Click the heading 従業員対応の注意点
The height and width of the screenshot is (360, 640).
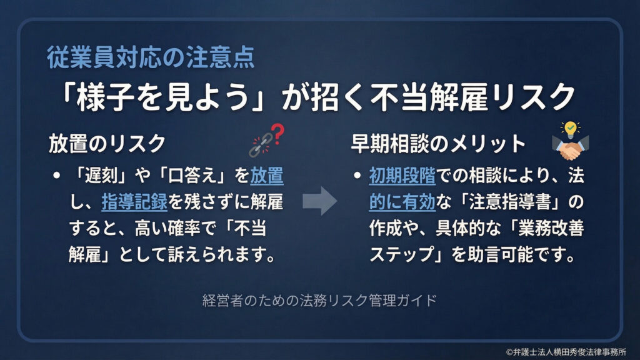(151, 58)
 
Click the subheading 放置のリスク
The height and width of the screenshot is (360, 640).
(107, 143)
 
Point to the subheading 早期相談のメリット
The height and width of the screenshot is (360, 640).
(438, 143)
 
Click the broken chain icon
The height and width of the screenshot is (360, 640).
(258, 146)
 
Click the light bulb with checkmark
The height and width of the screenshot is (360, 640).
(570, 129)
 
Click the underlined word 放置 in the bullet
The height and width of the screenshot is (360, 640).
(267, 176)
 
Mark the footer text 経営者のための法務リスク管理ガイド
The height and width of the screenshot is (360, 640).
(319, 299)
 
